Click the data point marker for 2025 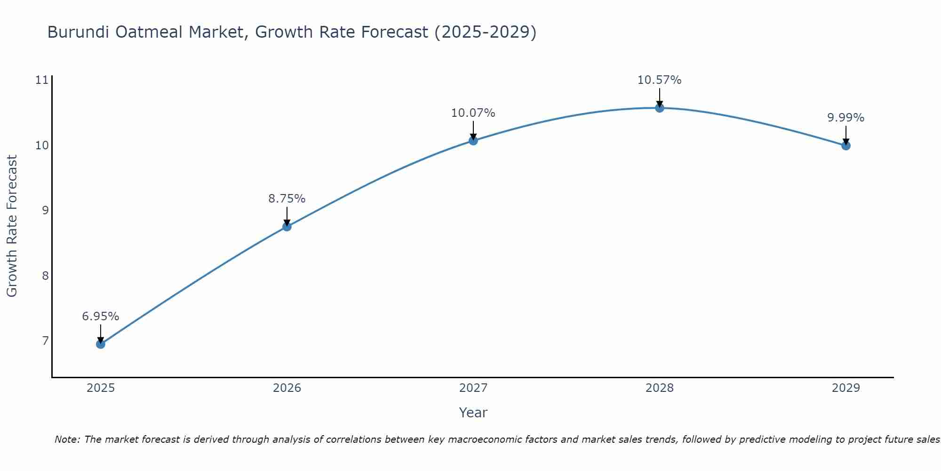(x=100, y=344)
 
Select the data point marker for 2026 (x=287, y=227)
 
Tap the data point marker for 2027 (x=473, y=140)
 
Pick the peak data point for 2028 (x=659, y=108)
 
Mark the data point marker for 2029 (x=845, y=146)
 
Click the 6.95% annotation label (x=100, y=317)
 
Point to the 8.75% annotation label (x=287, y=199)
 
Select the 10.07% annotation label (x=473, y=113)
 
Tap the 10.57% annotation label (x=659, y=80)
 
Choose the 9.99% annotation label (x=845, y=118)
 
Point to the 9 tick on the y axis (x=45, y=210)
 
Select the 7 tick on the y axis (x=45, y=341)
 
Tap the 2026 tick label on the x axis (x=287, y=388)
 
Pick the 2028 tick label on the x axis (x=659, y=388)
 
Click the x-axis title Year (x=473, y=413)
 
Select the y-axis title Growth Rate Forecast (x=12, y=226)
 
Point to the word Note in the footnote (x=67, y=439)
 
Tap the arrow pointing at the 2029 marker (x=845, y=135)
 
